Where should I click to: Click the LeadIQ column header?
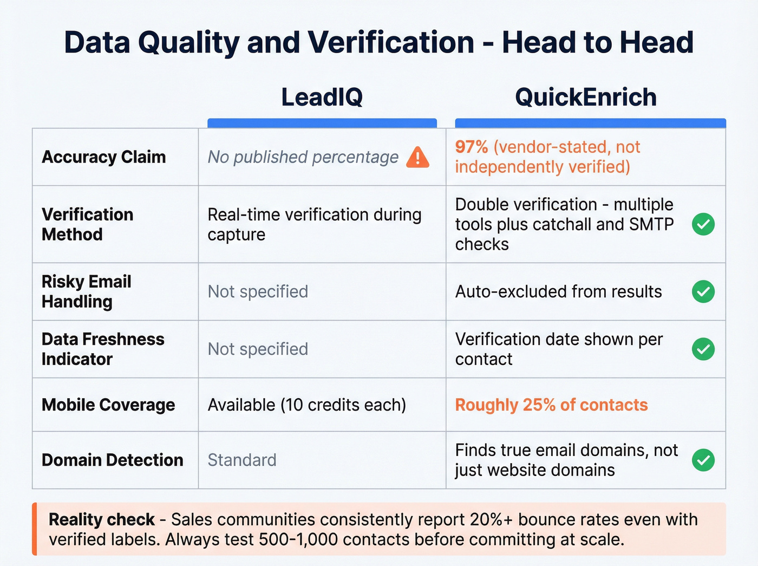[x=322, y=97]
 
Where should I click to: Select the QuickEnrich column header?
[x=585, y=97]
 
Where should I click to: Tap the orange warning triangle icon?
[x=417, y=157]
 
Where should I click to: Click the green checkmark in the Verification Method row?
[x=703, y=224]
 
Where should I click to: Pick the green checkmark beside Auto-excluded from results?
[x=703, y=291]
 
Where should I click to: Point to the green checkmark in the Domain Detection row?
[x=703, y=460]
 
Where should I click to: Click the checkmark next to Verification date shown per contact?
[x=703, y=349]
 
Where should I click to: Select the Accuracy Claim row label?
[x=104, y=157]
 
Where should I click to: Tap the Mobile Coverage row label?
[x=108, y=405]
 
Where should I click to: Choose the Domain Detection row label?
[x=113, y=460]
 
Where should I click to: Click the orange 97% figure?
[x=471, y=147]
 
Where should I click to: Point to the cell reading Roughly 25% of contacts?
[x=551, y=405]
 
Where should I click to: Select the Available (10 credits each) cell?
[x=307, y=405]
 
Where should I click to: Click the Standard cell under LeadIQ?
[x=242, y=460]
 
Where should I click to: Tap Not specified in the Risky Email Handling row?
[x=258, y=291]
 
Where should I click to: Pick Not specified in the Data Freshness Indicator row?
[x=258, y=349]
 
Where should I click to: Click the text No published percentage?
[x=303, y=157]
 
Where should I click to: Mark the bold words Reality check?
[x=102, y=519]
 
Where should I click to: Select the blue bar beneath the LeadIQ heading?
[x=322, y=123]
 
